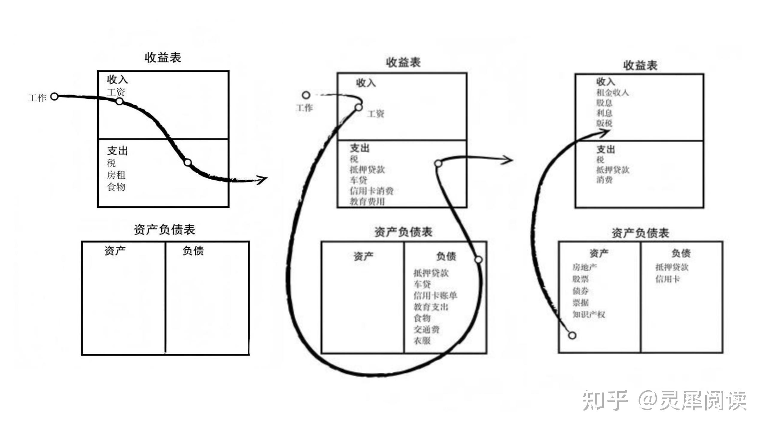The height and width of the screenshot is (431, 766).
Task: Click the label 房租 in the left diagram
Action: coord(116,175)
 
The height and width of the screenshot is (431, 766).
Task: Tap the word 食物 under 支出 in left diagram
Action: coord(116,187)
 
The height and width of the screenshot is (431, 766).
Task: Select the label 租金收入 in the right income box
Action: coord(613,92)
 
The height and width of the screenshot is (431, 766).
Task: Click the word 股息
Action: coord(604,103)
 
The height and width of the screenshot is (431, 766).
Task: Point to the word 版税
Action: coord(604,123)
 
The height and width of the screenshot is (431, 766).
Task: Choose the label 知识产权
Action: coord(589,315)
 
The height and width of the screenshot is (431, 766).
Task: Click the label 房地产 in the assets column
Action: coord(584,267)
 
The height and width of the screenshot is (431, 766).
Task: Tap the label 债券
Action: coord(580,291)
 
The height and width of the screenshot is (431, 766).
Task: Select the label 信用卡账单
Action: coord(435,296)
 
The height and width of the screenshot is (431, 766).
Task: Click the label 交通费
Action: coord(427,330)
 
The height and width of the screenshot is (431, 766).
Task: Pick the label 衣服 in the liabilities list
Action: coord(422,341)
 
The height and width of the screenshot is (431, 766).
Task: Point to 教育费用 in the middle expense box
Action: coord(367,201)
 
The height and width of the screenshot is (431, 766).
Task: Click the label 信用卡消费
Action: coord(372,191)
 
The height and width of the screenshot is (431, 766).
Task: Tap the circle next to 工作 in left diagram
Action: coord(54,97)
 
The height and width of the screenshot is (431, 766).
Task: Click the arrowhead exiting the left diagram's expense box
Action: coord(262,180)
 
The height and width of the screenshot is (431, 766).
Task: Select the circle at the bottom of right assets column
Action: coord(572,336)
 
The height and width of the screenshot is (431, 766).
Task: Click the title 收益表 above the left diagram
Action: coord(163,57)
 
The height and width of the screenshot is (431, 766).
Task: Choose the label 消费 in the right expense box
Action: coord(604,180)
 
